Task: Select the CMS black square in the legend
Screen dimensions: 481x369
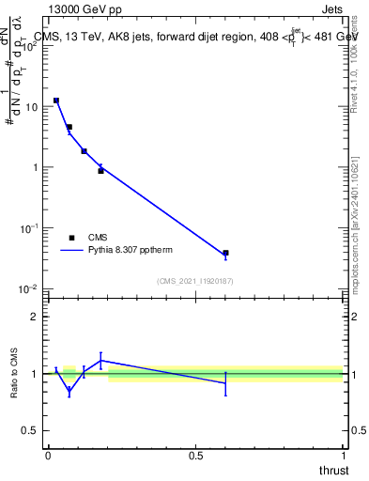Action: click(72, 238)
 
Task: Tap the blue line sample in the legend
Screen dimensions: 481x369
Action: click(72, 251)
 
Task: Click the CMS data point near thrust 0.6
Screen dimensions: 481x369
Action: click(225, 253)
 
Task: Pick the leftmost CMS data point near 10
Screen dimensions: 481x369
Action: click(56, 101)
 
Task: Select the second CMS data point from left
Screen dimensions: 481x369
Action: click(69, 127)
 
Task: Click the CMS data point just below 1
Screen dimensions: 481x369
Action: click(100, 171)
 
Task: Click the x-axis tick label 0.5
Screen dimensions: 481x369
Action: click(195, 455)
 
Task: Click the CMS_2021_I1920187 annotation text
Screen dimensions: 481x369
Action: click(195, 281)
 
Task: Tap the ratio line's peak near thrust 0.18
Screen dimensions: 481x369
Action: click(100, 360)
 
